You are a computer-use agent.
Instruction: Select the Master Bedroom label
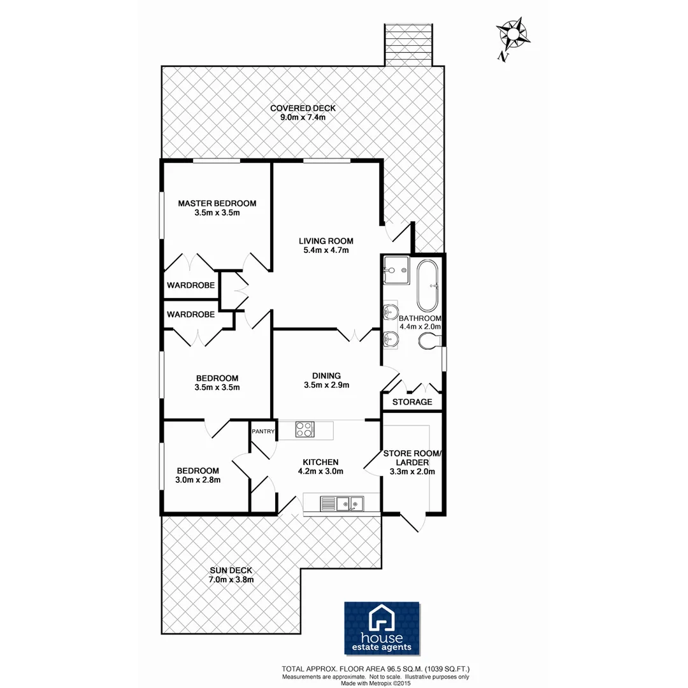click(217, 203)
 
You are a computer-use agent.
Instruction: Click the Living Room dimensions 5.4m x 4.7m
click(326, 250)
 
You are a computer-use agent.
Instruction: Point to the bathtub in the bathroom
click(427, 283)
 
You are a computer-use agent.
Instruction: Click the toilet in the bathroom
click(429, 342)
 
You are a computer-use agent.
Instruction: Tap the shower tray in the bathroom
click(396, 270)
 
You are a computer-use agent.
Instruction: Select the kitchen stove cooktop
click(305, 430)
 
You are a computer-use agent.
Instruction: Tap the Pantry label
click(262, 431)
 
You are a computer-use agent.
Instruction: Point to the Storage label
click(412, 402)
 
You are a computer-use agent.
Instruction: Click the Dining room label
click(326, 375)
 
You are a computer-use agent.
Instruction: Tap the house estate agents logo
click(382, 628)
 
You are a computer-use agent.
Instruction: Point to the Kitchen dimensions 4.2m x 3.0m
click(321, 471)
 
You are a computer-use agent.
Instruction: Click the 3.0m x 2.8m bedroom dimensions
click(197, 480)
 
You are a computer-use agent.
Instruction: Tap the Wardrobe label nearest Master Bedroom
click(190, 285)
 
